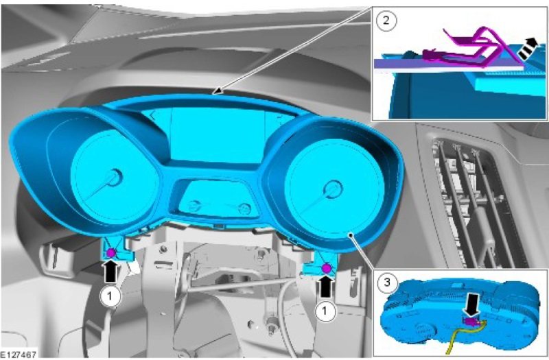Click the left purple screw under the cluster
(x=111, y=252)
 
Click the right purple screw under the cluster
(x=327, y=269)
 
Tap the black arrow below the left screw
(x=110, y=272)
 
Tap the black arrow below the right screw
(x=325, y=287)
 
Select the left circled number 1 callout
(x=110, y=296)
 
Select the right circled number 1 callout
(x=325, y=311)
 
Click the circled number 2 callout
(x=386, y=21)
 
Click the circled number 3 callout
(x=387, y=282)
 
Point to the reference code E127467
(x=19, y=355)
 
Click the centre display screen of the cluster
(x=218, y=135)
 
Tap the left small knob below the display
(x=194, y=206)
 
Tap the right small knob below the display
(x=244, y=209)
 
